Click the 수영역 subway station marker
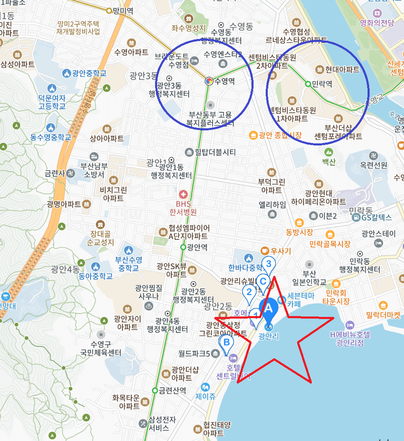[x=208, y=81]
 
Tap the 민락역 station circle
[x=308, y=84]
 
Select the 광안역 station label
[x=197, y=247]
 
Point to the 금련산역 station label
[x=172, y=390]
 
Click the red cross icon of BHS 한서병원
[x=183, y=194]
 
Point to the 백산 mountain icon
[x=329, y=152]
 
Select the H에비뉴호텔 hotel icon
[x=350, y=325]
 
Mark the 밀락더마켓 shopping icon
[x=383, y=305]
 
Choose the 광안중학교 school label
[x=89, y=73]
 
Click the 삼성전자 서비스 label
[x=159, y=423]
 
